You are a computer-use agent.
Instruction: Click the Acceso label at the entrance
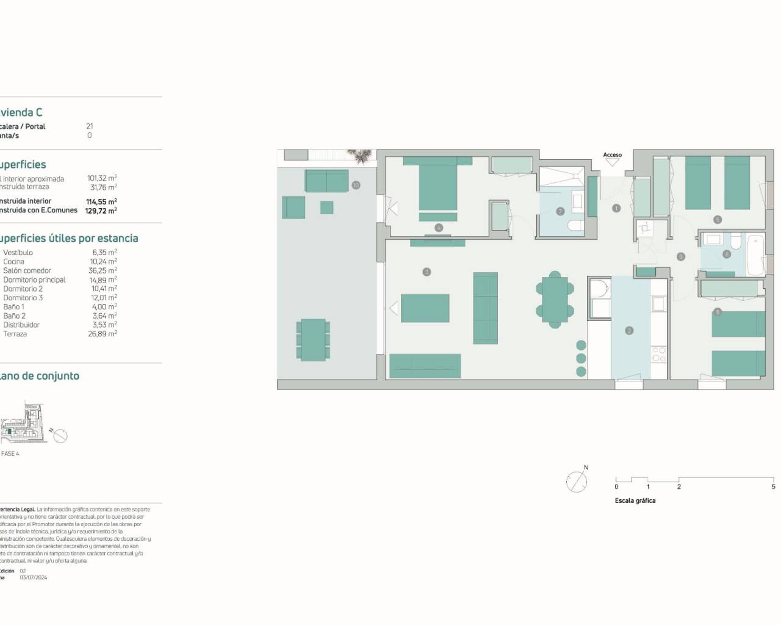click(612, 155)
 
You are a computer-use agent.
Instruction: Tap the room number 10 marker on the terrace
click(356, 185)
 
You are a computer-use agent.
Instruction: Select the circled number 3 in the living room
click(426, 272)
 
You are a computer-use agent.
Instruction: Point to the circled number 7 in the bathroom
click(560, 212)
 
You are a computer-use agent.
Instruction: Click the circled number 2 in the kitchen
click(629, 331)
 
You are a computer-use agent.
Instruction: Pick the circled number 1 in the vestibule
click(616, 208)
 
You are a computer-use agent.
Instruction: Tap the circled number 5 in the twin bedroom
click(718, 220)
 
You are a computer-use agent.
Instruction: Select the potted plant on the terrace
click(364, 156)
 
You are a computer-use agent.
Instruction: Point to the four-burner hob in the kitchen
click(658, 355)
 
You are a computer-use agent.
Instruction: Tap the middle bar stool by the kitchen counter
click(581, 358)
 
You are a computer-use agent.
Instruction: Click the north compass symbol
click(577, 482)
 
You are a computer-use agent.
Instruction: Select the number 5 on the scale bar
click(773, 487)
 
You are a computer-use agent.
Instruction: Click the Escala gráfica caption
click(635, 500)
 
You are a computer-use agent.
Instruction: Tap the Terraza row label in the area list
click(15, 334)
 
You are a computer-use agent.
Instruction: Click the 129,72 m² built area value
click(101, 210)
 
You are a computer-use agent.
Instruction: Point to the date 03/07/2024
click(34, 577)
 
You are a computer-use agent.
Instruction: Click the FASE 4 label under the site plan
click(10, 453)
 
